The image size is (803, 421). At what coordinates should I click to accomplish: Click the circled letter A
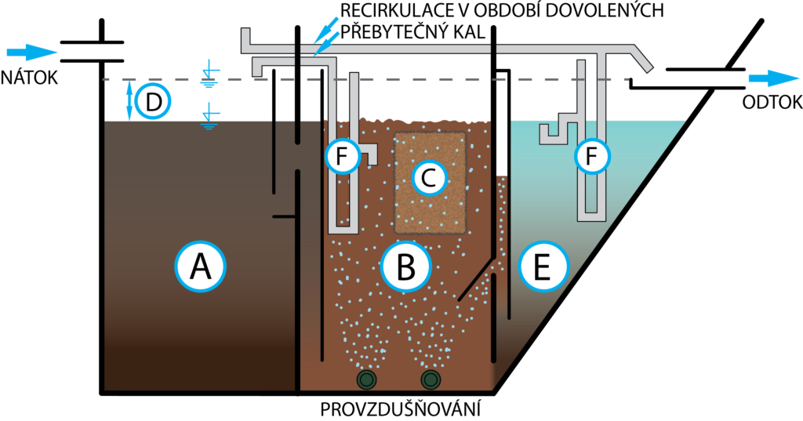tap(200, 267)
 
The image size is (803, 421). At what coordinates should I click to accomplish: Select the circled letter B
tap(405, 267)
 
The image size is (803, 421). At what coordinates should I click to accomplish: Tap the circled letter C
tap(428, 179)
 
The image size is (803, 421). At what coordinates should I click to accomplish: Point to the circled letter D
tap(154, 101)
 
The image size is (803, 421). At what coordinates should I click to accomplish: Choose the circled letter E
tap(542, 267)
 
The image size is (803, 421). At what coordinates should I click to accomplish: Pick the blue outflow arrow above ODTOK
tap(772, 79)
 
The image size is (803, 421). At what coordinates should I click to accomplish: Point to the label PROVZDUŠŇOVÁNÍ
tap(401, 409)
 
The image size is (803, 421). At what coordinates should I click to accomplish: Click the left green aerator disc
tap(366, 381)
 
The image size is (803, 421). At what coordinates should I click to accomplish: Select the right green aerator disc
tap(431, 381)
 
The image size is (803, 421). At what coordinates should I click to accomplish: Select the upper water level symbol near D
tap(209, 74)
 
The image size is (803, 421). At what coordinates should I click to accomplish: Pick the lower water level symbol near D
tap(209, 116)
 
